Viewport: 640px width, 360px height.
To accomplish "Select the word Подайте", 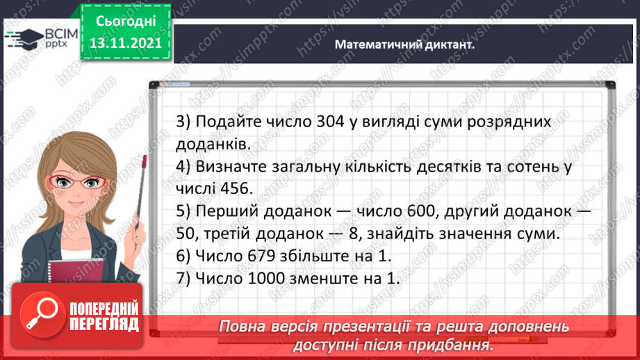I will [x=226, y=121].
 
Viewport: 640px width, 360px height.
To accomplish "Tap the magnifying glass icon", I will [x=41, y=317].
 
